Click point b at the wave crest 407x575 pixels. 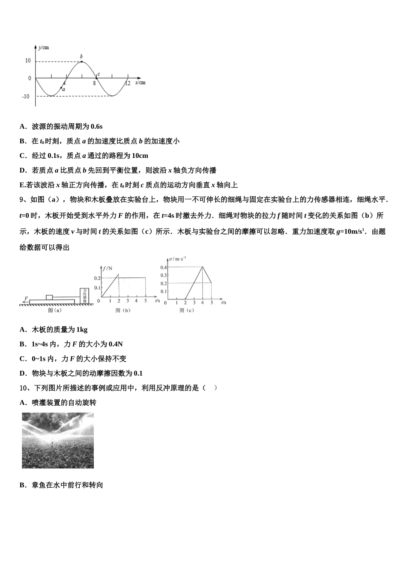(81, 62)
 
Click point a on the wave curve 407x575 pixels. (61, 87)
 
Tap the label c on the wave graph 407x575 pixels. (99, 74)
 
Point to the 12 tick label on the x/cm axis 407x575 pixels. (127, 83)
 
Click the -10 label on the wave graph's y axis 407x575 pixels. (26, 96)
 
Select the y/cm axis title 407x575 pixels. (43, 47)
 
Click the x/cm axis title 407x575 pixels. (140, 82)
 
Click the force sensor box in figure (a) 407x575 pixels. (85, 295)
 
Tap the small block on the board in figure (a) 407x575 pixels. (49, 297)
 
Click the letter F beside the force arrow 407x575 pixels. (27, 298)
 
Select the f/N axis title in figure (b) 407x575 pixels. (107, 268)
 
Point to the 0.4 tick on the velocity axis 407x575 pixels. (164, 267)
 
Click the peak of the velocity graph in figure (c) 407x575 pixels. (202, 267)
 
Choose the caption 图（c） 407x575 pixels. (187, 311)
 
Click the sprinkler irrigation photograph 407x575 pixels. (58, 440)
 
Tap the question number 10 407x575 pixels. (24, 388)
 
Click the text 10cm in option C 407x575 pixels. (140, 156)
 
